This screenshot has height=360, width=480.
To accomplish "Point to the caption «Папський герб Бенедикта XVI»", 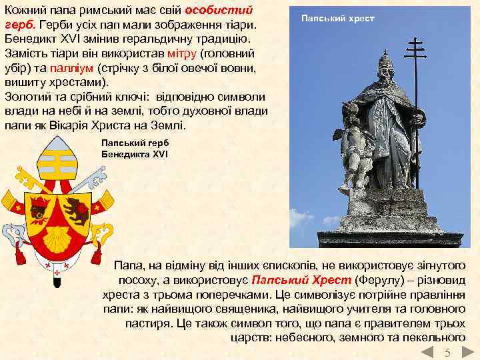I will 135,147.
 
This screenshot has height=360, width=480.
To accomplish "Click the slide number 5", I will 448,353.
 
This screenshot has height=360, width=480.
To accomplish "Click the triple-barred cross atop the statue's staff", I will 415,50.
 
